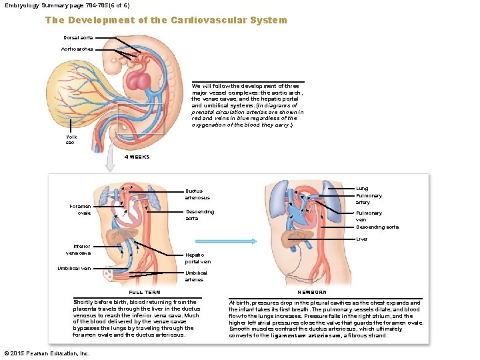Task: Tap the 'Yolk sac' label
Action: click(x=71, y=139)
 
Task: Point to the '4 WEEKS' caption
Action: click(x=137, y=157)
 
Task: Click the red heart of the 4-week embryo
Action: click(x=141, y=82)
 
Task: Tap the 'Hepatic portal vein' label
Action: click(x=198, y=259)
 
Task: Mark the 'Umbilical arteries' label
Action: click(x=196, y=276)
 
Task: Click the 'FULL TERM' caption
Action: click(x=144, y=292)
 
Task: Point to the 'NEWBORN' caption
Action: click(x=311, y=292)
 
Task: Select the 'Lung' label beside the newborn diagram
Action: click(x=362, y=189)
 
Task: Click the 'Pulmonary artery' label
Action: click(x=369, y=199)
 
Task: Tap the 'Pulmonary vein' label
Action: click(x=369, y=216)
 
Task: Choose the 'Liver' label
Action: click(x=362, y=239)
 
